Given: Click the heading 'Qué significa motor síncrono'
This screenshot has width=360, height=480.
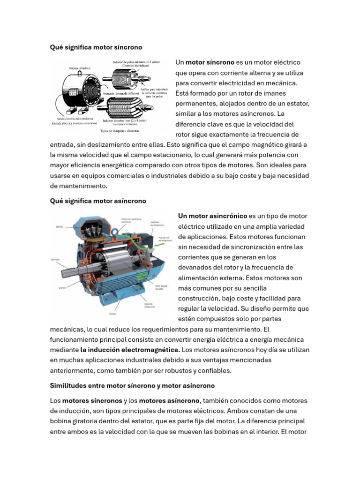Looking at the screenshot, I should [96, 47].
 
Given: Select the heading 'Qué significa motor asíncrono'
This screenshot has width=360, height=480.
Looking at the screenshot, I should [98, 201].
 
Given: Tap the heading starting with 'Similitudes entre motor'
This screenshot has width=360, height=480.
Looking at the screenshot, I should [132, 385].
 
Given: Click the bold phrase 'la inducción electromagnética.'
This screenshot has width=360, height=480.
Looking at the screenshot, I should [130, 350].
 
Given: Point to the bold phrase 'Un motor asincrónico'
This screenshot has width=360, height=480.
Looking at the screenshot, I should [212, 216].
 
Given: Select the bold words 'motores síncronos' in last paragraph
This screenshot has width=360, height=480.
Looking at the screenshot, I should [92, 401].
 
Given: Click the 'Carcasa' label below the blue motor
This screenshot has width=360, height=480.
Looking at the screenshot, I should [113, 313].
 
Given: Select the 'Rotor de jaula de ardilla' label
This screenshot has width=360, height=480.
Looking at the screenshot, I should [161, 288].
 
